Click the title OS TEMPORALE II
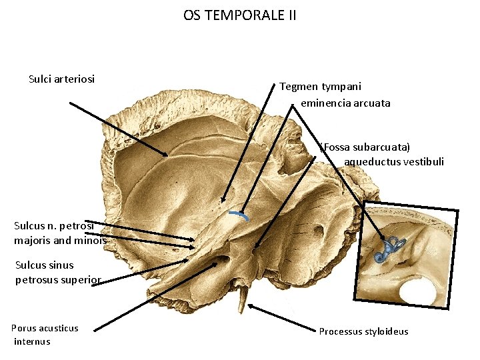[x=240, y=15]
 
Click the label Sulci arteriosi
[x=62, y=79]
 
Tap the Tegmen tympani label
[x=320, y=87]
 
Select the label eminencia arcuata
[x=345, y=103]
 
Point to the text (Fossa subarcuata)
[x=365, y=147]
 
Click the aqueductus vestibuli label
[x=393, y=161]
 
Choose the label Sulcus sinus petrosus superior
[x=58, y=272]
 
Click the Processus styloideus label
[x=363, y=331]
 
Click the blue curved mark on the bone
[x=238, y=215]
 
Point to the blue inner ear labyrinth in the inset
[x=387, y=248]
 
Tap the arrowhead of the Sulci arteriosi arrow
[x=166, y=155]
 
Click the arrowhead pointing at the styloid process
[x=250, y=306]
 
